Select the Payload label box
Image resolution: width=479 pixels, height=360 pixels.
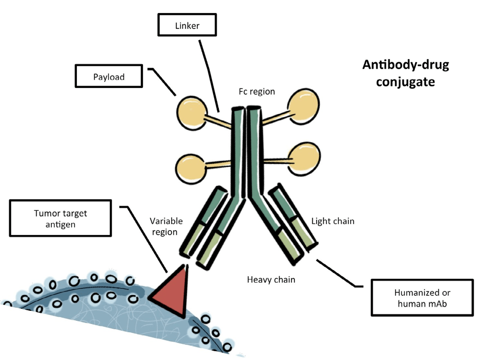tap(109, 76)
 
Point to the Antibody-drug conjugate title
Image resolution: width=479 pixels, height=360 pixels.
tap(406, 73)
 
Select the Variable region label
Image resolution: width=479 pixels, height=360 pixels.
tap(164, 226)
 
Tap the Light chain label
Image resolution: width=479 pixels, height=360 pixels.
tap(332, 221)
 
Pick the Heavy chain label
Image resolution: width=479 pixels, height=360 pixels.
tap(271, 279)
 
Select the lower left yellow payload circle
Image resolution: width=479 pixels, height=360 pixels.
tap(192, 166)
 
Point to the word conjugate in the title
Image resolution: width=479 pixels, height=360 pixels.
tap(406, 82)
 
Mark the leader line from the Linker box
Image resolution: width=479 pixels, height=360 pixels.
tap(209, 73)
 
